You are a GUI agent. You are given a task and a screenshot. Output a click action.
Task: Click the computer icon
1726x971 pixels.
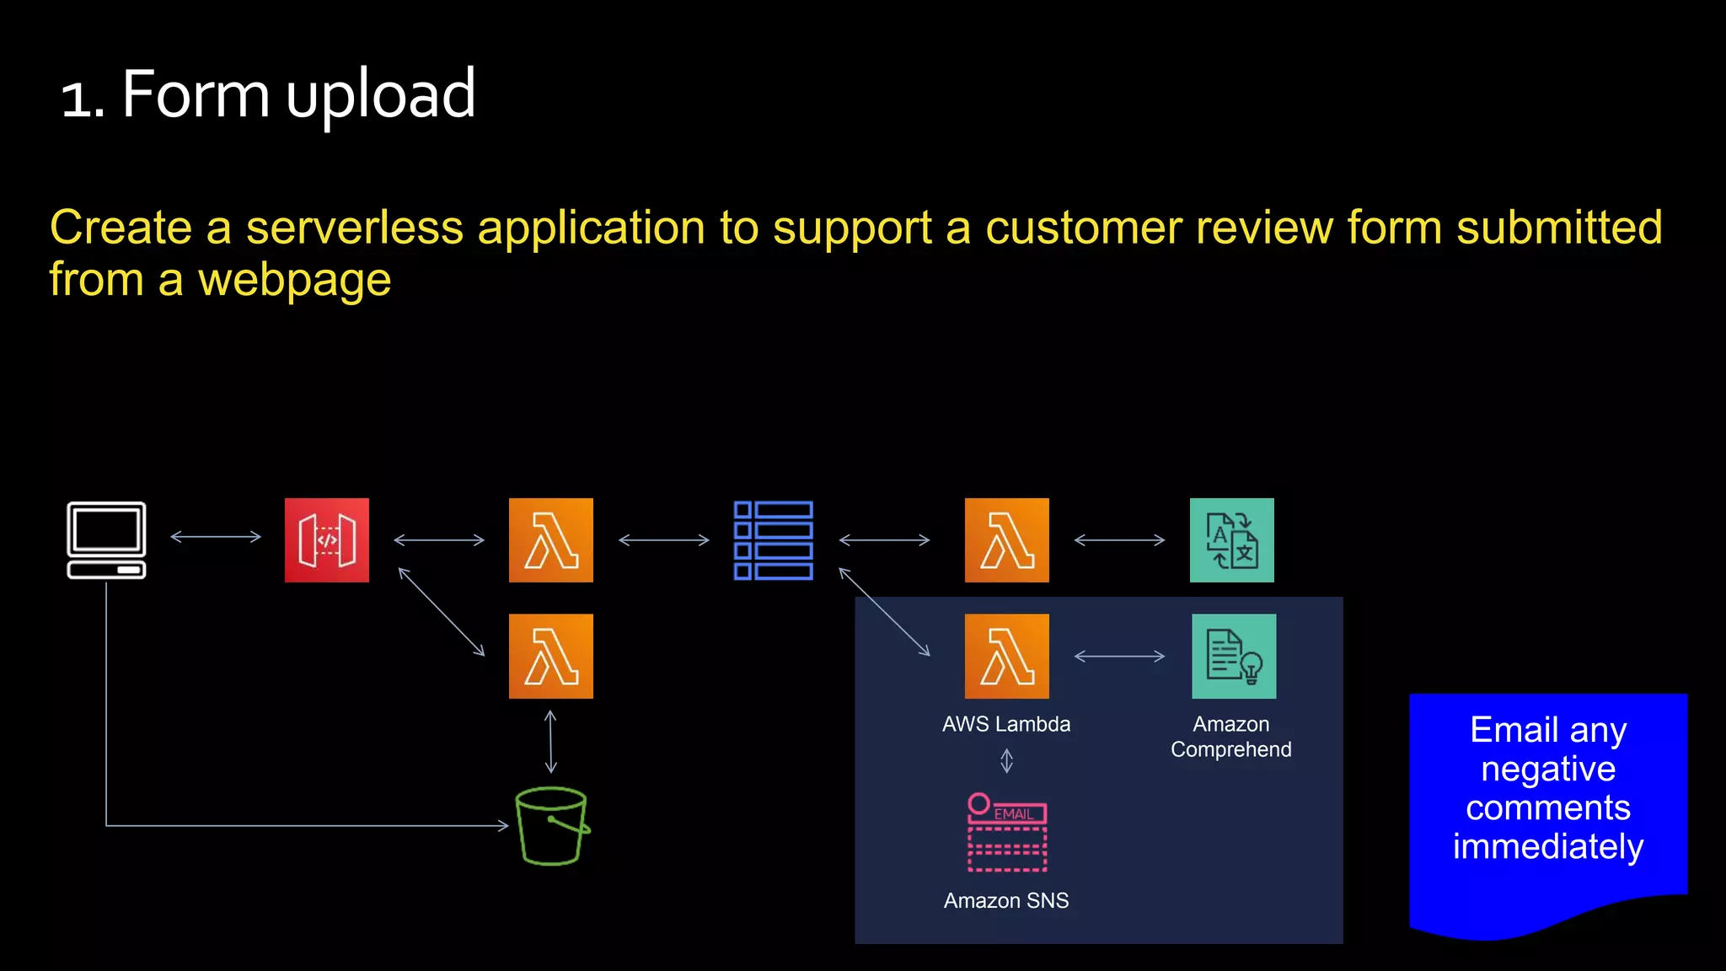pyautogui.click(x=106, y=540)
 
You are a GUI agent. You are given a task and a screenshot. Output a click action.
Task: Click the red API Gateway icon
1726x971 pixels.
pyautogui.click(x=327, y=540)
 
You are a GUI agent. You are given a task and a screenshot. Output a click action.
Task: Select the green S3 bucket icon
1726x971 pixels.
pyautogui.click(x=551, y=826)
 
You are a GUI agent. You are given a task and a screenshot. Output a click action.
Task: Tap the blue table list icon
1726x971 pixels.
pyautogui.click(x=773, y=540)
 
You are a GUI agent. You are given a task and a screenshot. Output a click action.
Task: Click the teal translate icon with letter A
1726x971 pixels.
pyautogui.click(x=1231, y=540)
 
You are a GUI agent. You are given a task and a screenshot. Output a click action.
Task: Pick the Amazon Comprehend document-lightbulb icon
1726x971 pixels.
pyautogui.click(x=1234, y=656)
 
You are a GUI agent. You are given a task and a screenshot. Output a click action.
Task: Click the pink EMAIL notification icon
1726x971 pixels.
pyautogui.click(x=1006, y=833)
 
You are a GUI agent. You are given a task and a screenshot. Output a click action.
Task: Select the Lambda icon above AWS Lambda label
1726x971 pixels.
pyautogui.click(x=1006, y=656)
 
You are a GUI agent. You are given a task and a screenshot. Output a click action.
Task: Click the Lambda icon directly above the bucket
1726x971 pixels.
pyautogui.click(x=551, y=656)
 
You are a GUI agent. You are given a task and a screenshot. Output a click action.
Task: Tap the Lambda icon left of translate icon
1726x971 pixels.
pyautogui.click(x=1006, y=540)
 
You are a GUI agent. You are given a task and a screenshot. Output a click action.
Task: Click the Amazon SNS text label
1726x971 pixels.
pyautogui.click(x=1006, y=901)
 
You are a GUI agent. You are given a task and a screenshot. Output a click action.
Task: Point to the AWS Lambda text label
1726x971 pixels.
pyautogui.click(x=1006, y=724)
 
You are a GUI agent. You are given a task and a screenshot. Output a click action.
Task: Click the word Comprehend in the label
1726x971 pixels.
pyautogui.click(x=1230, y=750)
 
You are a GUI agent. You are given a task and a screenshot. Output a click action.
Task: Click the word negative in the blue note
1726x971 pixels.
pyautogui.click(x=1548, y=770)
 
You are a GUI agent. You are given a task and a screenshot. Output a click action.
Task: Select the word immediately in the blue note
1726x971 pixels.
pyautogui.click(x=1548, y=847)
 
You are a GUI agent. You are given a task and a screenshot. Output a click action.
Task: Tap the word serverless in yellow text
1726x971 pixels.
pyautogui.click(x=354, y=228)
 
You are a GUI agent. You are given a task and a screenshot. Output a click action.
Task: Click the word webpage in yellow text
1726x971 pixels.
pyautogui.click(x=294, y=281)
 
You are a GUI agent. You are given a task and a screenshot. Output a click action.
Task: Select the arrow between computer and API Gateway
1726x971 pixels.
pyautogui.click(x=216, y=536)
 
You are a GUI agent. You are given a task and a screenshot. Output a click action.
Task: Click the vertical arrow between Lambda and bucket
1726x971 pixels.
pyautogui.click(x=550, y=742)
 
